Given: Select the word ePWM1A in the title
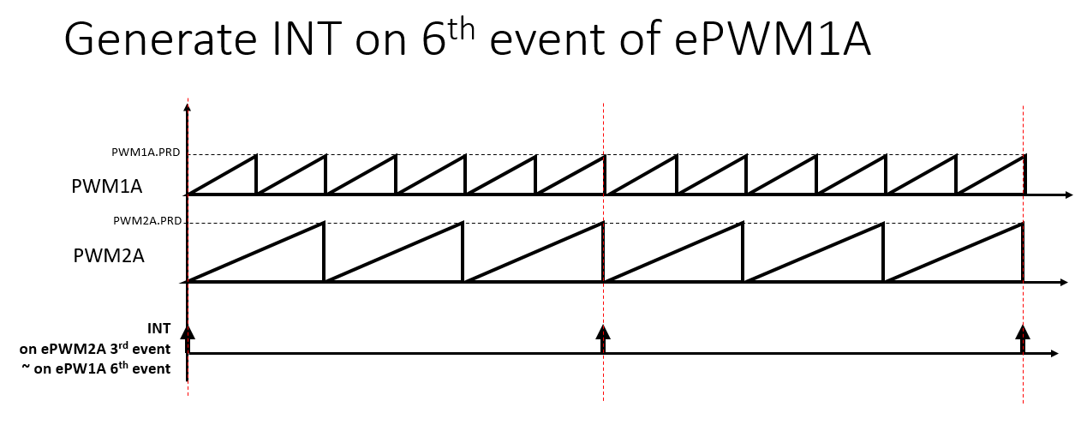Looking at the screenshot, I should point(767,41).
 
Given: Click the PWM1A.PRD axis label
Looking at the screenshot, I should point(146,152).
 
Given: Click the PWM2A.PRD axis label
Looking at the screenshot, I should point(146,220).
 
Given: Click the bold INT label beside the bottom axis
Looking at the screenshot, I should point(159,328).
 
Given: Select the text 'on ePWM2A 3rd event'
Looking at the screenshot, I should point(95,349).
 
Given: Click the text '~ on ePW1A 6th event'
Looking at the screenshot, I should point(96,369).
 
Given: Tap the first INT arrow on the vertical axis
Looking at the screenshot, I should point(188,337).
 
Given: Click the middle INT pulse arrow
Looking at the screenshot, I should point(603,337).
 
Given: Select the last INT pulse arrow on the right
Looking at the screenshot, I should point(1022,337).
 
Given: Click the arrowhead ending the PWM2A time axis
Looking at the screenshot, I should point(1064,282).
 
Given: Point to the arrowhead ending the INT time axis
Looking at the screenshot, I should point(1055,353).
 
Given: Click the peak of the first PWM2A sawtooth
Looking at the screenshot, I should point(323,224).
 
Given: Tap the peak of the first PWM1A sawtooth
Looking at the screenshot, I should point(256,156).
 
